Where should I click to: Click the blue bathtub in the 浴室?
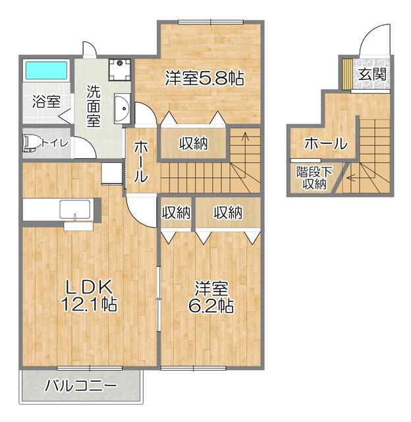[x=46, y=71]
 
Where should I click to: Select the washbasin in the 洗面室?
[x=122, y=109]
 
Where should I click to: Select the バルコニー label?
[x=80, y=385]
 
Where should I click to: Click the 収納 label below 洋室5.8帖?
[x=194, y=142]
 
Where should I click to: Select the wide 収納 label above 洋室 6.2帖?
[x=227, y=212]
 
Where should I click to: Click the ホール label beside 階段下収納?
[x=325, y=142]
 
